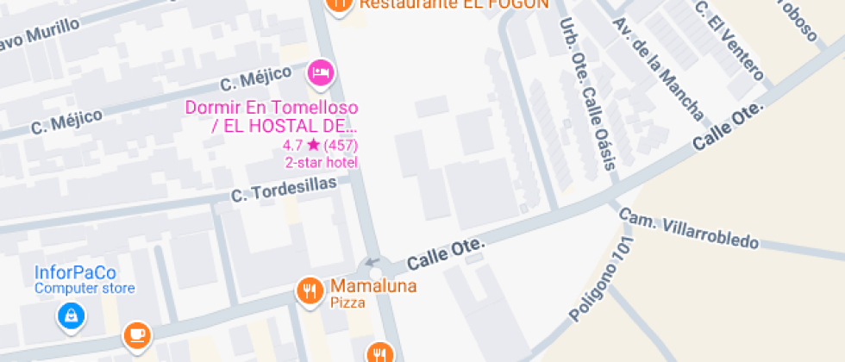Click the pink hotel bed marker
click(320, 72)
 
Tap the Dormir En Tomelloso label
click(272, 109)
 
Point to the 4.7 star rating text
click(320, 145)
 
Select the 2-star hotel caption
click(321, 162)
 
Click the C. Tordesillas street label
click(283, 190)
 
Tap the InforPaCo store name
click(75, 272)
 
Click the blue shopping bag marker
click(72, 316)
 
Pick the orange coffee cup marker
click(136, 334)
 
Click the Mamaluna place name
click(373, 286)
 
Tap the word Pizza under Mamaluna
click(347, 303)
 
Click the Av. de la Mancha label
click(657, 70)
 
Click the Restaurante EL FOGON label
click(454, 3)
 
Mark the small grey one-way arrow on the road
click(372, 261)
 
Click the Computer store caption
click(84, 289)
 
